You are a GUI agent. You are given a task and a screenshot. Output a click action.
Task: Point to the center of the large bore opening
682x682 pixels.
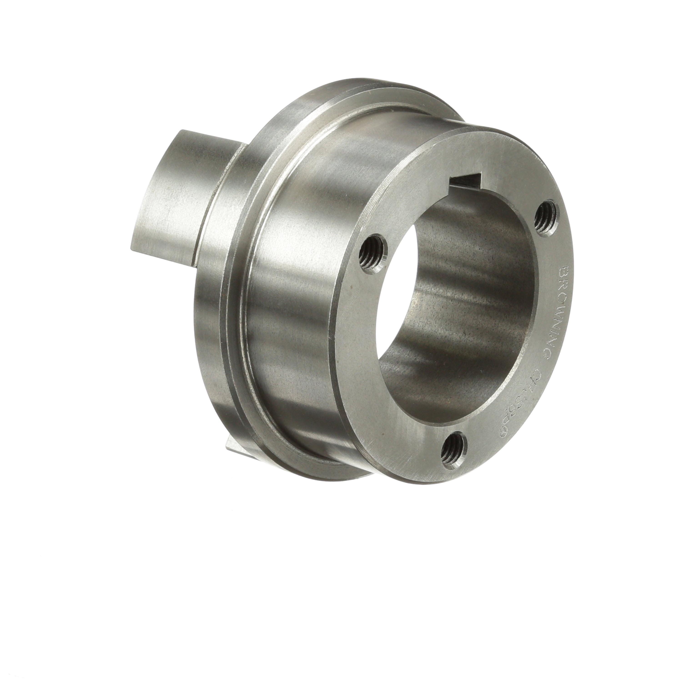(455, 303)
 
